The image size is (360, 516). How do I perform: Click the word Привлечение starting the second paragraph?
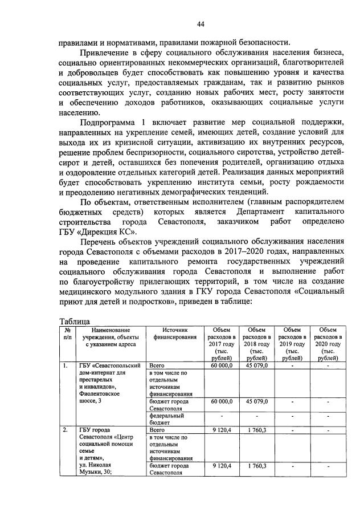[109, 53]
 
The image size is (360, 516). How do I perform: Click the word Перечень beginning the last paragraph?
[103, 241]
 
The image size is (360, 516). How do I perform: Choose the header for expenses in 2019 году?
[292, 344]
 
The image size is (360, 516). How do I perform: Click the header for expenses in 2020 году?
[327, 344]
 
